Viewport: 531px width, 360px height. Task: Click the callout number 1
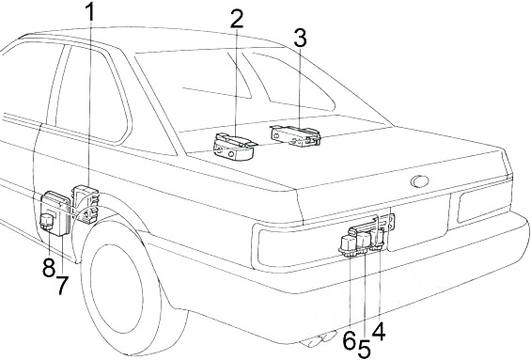[x=90, y=13]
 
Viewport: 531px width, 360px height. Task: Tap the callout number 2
[x=237, y=19]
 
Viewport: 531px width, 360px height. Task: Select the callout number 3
[x=300, y=38]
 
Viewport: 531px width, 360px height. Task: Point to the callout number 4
[x=379, y=331]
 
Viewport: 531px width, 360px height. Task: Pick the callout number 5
[x=364, y=349]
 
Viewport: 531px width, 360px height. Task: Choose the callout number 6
[x=350, y=340]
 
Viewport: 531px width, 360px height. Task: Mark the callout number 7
[x=62, y=285]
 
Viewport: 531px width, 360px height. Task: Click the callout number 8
[x=49, y=268]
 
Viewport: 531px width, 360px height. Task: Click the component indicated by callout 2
[x=233, y=147]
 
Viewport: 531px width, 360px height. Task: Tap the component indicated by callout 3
[x=296, y=135]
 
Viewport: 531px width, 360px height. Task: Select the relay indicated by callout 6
[x=348, y=244]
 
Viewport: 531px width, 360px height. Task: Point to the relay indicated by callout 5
[x=364, y=242]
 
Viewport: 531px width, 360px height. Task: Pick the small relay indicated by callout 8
[x=46, y=222]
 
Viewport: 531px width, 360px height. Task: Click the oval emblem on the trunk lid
[x=419, y=181]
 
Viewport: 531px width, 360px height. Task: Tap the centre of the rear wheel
[x=117, y=290]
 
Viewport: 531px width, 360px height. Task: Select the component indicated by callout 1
[x=86, y=204]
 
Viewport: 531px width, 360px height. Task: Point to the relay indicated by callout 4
[x=378, y=239]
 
